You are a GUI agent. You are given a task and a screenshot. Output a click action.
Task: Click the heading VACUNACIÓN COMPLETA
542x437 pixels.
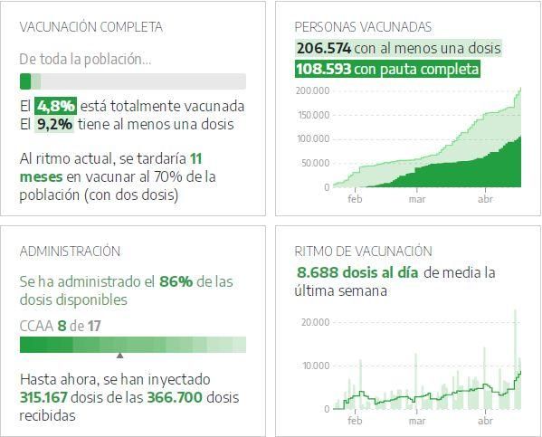(x=91, y=27)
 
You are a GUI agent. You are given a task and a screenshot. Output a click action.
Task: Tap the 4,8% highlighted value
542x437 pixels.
(x=54, y=106)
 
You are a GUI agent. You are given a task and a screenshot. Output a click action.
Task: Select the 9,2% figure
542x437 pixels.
(x=54, y=124)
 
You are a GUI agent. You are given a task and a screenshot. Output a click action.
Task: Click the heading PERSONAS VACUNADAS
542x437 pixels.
(x=363, y=27)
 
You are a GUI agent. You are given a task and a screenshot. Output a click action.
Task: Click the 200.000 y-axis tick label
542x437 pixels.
(x=312, y=90)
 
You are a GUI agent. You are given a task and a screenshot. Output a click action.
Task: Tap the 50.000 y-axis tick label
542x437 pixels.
(x=315, y=163)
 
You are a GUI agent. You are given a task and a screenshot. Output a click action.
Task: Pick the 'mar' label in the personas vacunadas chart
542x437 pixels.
(x=417, y=198)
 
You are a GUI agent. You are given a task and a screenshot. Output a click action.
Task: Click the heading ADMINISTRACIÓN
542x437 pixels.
(x=70, y=252)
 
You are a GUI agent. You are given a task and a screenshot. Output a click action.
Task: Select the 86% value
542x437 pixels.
(x=176, y=281)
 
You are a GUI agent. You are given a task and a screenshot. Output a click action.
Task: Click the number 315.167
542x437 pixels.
(x=48, y=396)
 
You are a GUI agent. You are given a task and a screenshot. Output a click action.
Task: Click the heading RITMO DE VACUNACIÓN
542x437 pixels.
(x=364, y=252)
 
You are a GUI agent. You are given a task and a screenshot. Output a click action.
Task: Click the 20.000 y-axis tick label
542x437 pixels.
(x=315, y=322)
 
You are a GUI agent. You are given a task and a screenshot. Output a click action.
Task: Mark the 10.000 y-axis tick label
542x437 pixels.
(x=315, y=366)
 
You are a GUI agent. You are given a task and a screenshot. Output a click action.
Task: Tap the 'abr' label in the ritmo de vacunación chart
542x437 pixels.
(x=485, y=421)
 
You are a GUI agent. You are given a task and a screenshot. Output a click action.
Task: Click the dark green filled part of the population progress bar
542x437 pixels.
(x=25, y=81)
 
